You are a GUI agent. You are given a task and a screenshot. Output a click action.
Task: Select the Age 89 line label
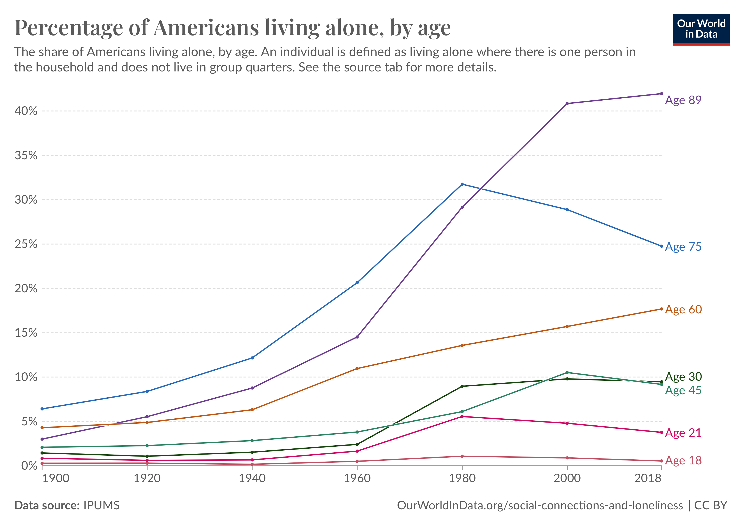tap(683, 100)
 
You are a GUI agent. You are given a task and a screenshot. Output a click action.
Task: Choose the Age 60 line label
tap(683, 309)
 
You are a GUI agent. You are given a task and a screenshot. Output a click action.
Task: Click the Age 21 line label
tap(683, 433)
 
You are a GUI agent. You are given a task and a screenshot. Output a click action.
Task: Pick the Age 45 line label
tap(683, 390)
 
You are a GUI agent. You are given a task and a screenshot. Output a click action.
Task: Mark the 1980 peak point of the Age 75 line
tap(462, 184)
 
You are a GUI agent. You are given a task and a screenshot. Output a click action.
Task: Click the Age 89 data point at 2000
tap(567, 103)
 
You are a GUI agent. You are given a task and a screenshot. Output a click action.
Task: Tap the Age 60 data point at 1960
tap(357, 369)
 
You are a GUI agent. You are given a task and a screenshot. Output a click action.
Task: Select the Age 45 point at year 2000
tap(567, 373)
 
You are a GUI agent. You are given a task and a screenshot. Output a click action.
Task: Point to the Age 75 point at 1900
tap(42, 409)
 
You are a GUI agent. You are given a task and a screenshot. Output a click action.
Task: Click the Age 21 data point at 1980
tap(462, 417)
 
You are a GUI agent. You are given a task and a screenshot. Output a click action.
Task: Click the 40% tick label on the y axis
tap(26, 111)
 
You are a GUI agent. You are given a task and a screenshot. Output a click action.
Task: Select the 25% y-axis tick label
tap(26, 244)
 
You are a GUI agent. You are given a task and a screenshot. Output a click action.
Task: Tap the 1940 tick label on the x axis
tap(252, 478)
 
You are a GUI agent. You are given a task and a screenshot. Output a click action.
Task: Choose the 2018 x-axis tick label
tap(648, 478)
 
